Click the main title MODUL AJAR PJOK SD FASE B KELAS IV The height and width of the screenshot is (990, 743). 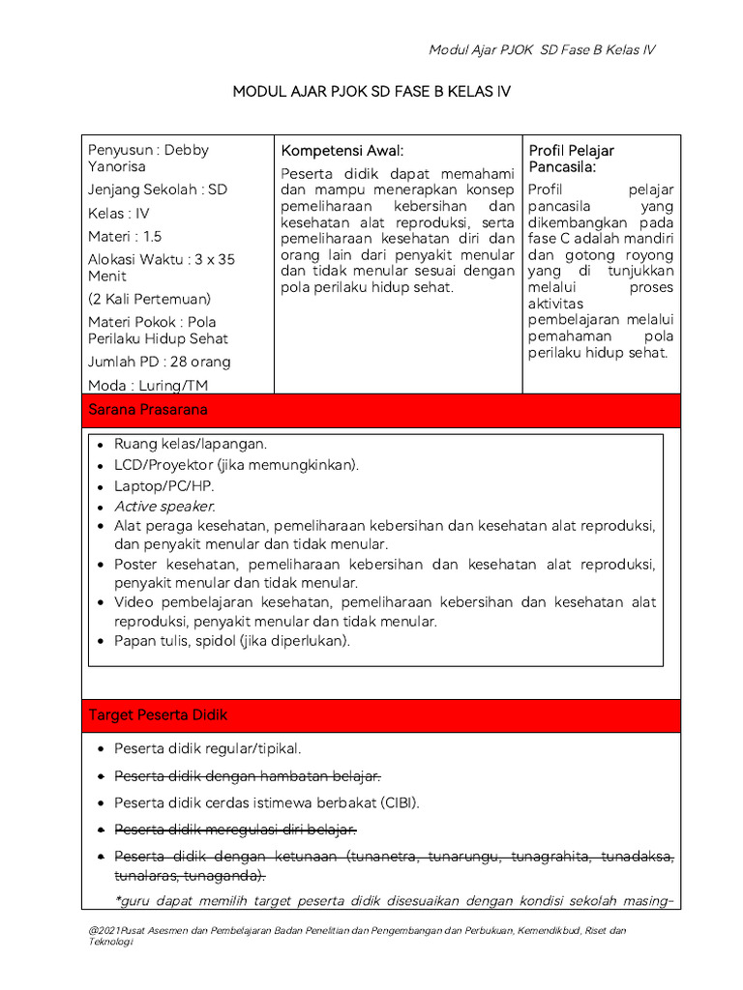[371, 92]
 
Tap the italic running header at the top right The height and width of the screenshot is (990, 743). [542, 50]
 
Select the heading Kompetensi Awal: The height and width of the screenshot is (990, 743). [342, 151]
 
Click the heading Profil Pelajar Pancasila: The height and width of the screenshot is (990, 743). [571, 159]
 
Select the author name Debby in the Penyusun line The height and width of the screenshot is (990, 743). [186, 150]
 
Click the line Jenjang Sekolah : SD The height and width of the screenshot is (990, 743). [158, 189]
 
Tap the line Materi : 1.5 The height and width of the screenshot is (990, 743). [125, 236]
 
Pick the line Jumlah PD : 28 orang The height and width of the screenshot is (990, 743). [160, 362]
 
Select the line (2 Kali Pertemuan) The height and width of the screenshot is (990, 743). [149, 299]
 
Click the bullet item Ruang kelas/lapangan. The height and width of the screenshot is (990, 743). [191, 444]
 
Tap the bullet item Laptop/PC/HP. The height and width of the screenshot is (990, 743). [164, 485]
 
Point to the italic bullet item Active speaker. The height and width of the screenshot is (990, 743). [164, 507]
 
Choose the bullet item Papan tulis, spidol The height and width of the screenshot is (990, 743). [232, 640]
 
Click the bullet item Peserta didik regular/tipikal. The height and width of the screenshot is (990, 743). [208, 749]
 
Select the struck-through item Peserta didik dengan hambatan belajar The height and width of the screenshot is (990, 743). [248, 776]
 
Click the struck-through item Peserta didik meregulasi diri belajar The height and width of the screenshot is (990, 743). [236, 830]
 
